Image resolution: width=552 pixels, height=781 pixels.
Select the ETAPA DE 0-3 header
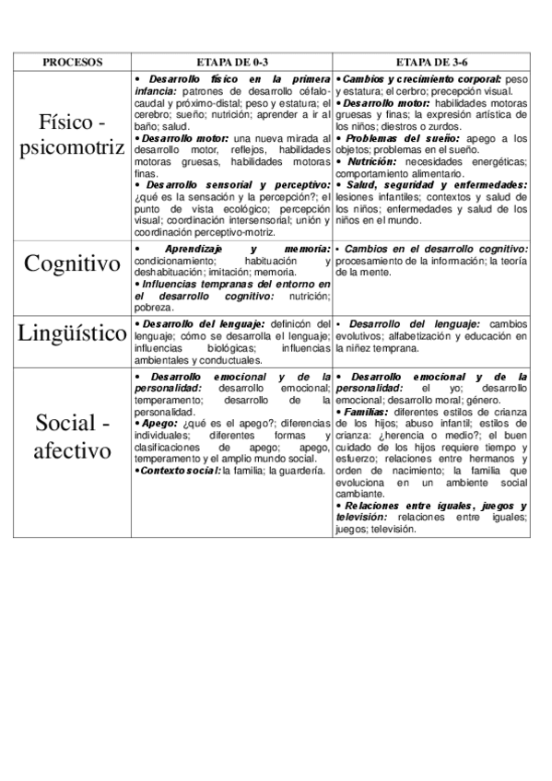[232, 63]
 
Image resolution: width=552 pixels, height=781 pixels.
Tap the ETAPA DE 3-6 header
[432, 63]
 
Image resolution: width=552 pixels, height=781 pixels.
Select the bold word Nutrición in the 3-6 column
[373, 161]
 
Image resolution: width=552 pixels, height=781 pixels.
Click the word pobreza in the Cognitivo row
[154, 307]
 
